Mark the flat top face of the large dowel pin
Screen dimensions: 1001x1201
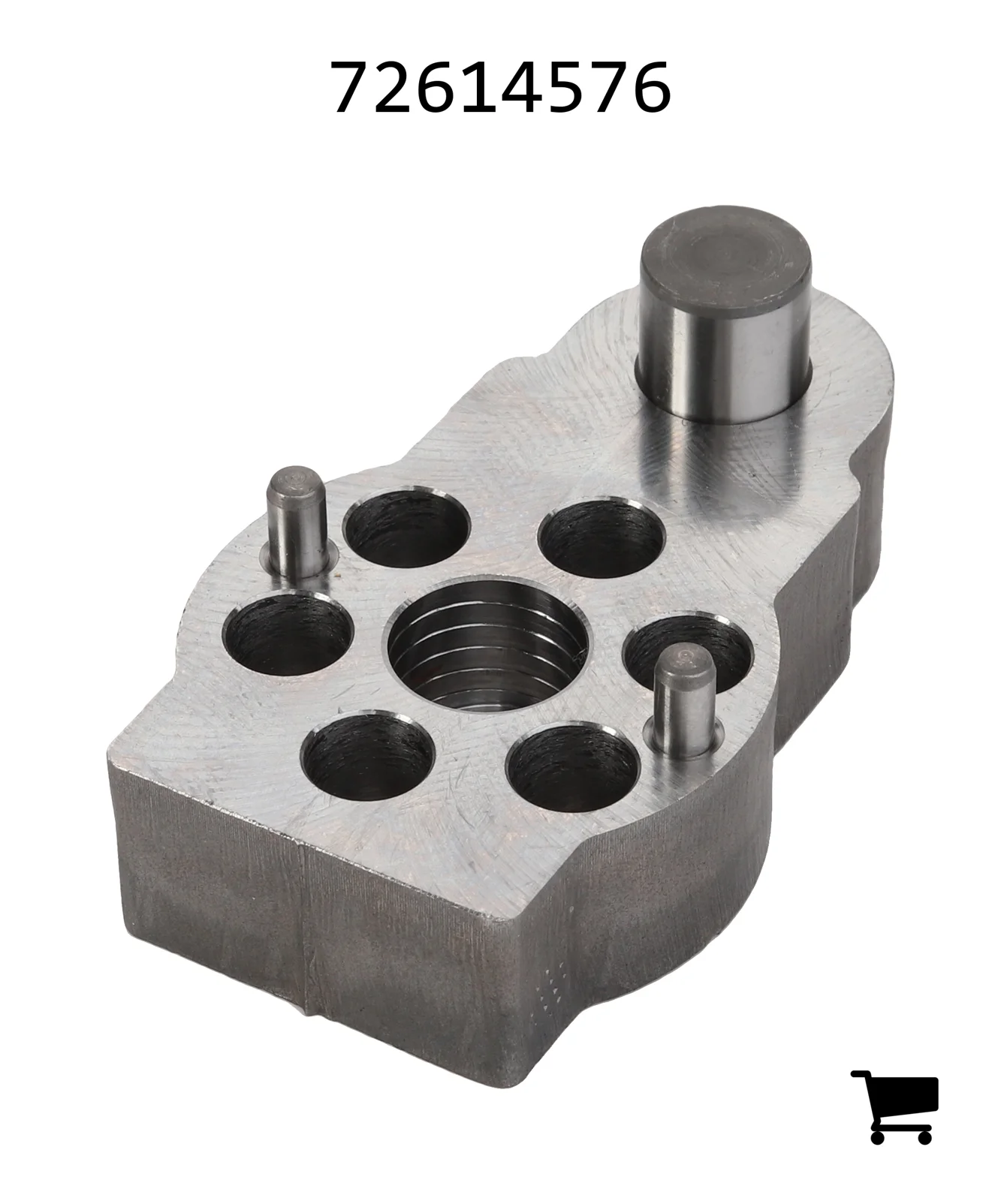point(725,248)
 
